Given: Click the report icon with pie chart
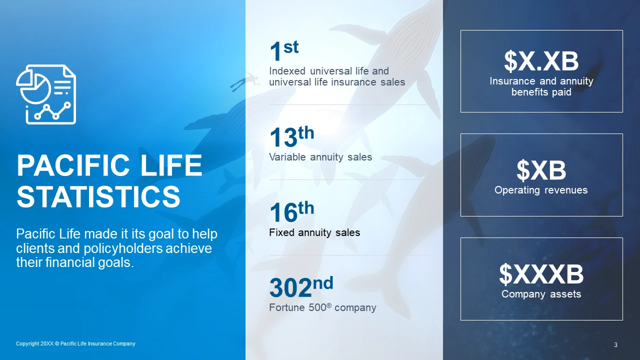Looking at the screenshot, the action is (46, 94).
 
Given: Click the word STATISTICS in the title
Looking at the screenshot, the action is (98, 196).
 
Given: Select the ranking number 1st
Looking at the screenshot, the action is (283, 50).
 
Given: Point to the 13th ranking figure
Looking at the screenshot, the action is (291, 137).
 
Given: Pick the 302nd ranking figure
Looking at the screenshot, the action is (301, 286).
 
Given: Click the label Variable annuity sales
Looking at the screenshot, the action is (320, 157).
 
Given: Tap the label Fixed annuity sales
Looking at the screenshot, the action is (314, 232).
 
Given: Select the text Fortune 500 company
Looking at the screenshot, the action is (322, 307).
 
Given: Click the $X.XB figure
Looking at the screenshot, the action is (541, 61).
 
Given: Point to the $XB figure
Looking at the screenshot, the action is (541, 170).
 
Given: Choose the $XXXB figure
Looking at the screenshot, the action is (541, 274).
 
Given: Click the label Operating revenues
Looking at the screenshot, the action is (541, 190).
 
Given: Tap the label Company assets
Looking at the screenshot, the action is (541, 294).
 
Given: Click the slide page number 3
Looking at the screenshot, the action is (615, 345).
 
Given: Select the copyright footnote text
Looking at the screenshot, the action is (75, 343).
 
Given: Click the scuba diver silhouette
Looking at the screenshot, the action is (245, 81).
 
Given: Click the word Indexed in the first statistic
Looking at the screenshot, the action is (287, 71).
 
